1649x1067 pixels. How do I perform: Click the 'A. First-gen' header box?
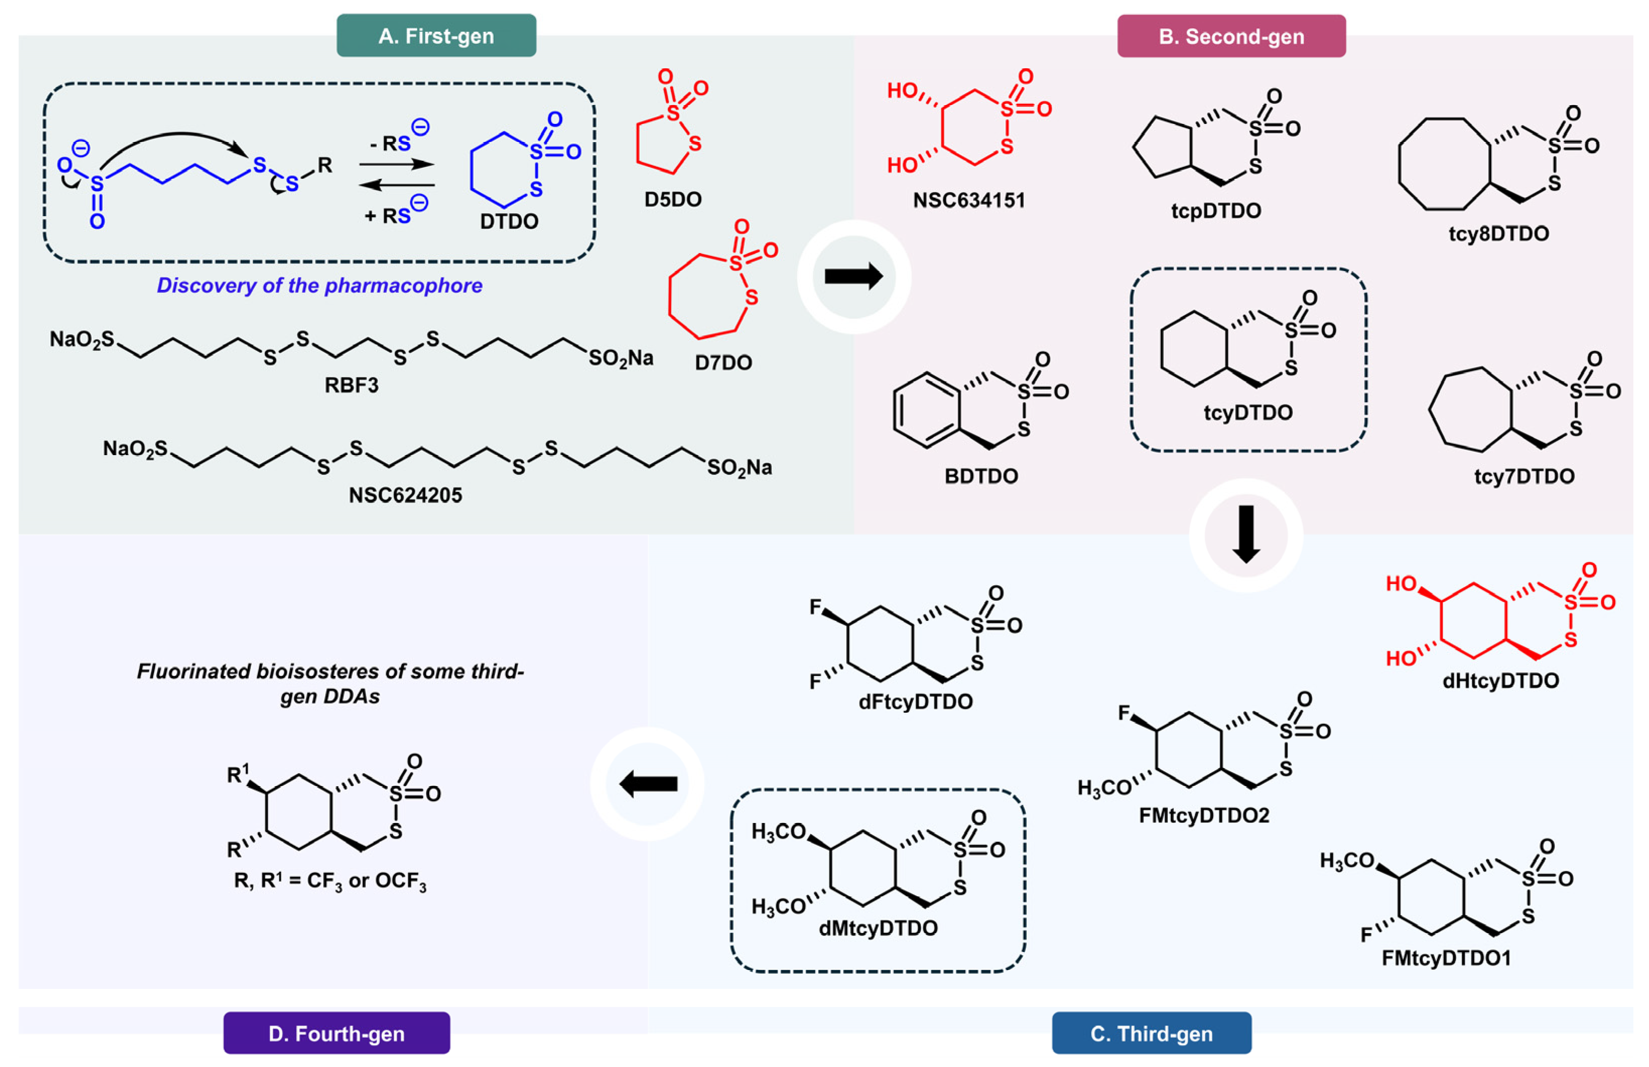pyautogui.click(x=436, y=35)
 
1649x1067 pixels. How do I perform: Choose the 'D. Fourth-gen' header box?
pyautogui.click(x=336, y=1033)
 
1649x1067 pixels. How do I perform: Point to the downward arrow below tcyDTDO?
pyautogui.click(x=1245, y=534)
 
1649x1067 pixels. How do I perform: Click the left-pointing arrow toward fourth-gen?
pyautogui.click(x=647, y=784)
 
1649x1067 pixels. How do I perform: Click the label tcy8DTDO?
pyautogui.click(x=1497, y=233)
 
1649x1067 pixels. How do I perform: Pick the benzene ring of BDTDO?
pyautogui.click(x=926, y=410)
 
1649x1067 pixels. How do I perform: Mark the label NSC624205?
pyautogui.click(x=405, y=495)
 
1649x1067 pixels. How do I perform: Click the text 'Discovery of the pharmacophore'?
pyautogui.click(x=319, y=285)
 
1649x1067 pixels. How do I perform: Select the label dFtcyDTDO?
pyautogui.click(x=915, y=702)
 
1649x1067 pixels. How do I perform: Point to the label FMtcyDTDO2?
pyautogui.click(x=1203, y=815)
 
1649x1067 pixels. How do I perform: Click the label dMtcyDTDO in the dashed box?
pyautogui.click(x=878, y=928)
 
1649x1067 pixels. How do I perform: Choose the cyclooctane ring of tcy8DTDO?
pyautogui.click(x=1443, y=163)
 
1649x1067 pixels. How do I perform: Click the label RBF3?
pyautogui.click(x=351, y=385)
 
